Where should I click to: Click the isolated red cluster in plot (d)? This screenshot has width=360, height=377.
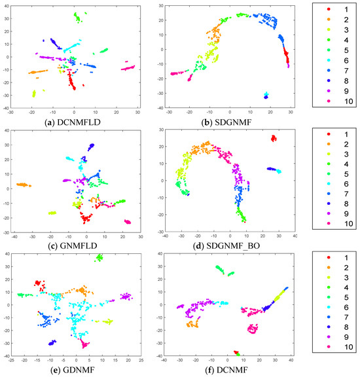pyautogui.click(x=274, y=138)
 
